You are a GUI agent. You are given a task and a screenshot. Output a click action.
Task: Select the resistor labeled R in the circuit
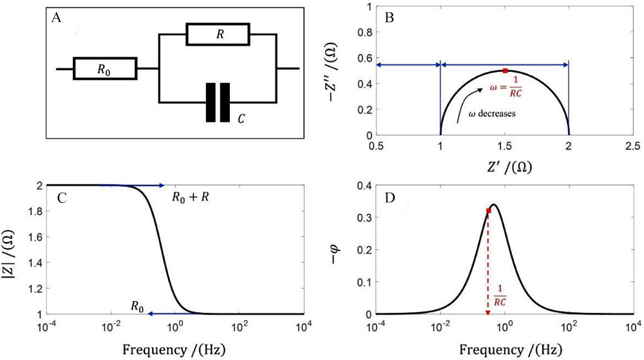click(x=216, y=34)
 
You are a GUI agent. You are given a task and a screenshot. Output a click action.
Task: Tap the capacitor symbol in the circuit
click(x=217, y=102)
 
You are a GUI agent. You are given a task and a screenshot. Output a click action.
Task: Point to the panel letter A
click(x=57, y=18)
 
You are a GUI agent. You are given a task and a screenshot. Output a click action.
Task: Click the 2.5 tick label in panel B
click(x=632, y=147)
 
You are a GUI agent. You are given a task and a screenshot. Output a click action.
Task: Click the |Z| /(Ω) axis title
click(x=11, y=250)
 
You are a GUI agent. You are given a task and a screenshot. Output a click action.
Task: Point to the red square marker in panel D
click(x=489, y=211)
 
